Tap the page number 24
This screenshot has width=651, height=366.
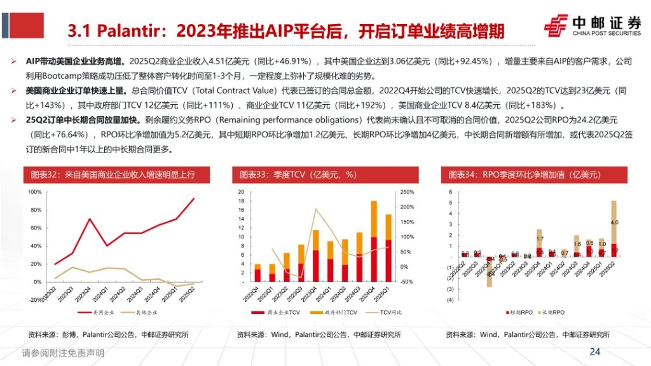point(595,352)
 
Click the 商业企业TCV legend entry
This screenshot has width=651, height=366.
point(274,312)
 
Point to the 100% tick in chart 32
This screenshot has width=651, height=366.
point(35,191)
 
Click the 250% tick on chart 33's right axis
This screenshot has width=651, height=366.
point(406,191)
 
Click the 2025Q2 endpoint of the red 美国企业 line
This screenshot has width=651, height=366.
point(194,199)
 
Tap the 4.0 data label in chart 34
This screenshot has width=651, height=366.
point(614,223)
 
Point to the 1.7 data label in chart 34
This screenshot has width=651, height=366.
point(539,239)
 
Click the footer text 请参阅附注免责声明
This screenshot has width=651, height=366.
point(63,353)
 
